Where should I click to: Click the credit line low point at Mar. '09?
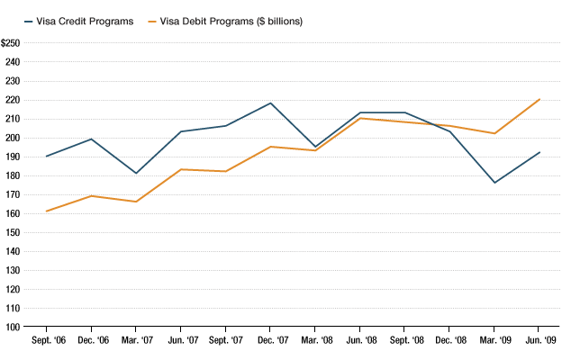494,183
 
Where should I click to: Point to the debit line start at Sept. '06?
46,211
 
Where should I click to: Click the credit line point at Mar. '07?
135,173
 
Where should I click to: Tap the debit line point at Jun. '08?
359,118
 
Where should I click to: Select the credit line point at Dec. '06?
91,139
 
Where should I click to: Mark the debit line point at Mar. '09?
494,133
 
